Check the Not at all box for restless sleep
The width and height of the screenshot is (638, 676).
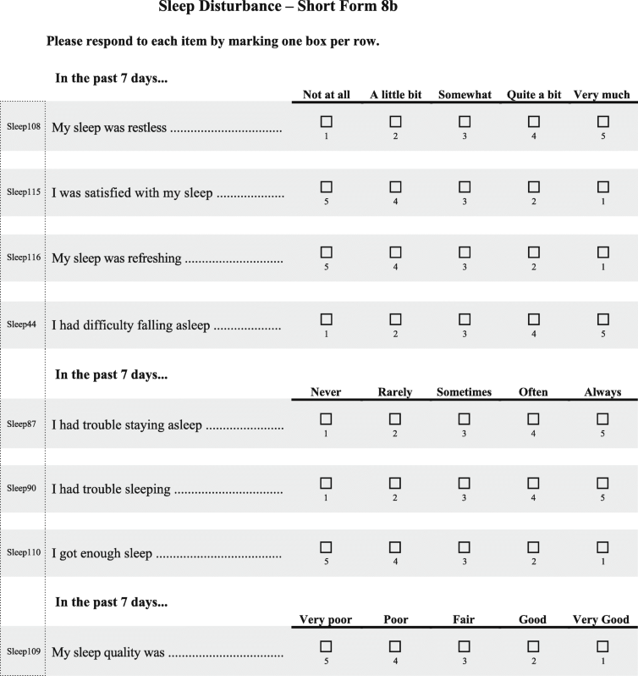326,122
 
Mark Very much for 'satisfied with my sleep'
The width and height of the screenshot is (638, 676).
602,186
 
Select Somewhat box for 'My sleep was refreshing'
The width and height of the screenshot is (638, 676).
465,252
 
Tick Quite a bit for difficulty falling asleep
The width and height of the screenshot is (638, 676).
533,319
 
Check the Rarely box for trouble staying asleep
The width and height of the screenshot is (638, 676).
395,418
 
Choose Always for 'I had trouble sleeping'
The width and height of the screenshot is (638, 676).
602,483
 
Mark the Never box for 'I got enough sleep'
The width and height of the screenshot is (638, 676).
326,547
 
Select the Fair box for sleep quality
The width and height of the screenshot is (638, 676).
465,647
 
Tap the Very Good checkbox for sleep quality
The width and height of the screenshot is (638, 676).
602,647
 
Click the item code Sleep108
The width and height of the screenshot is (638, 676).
24,127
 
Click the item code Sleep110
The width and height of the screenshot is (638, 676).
24,552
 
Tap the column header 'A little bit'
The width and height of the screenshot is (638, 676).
395,95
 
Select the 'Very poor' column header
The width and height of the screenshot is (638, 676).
326,620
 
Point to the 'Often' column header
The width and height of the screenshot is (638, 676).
533,392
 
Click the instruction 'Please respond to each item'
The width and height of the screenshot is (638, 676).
212,41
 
